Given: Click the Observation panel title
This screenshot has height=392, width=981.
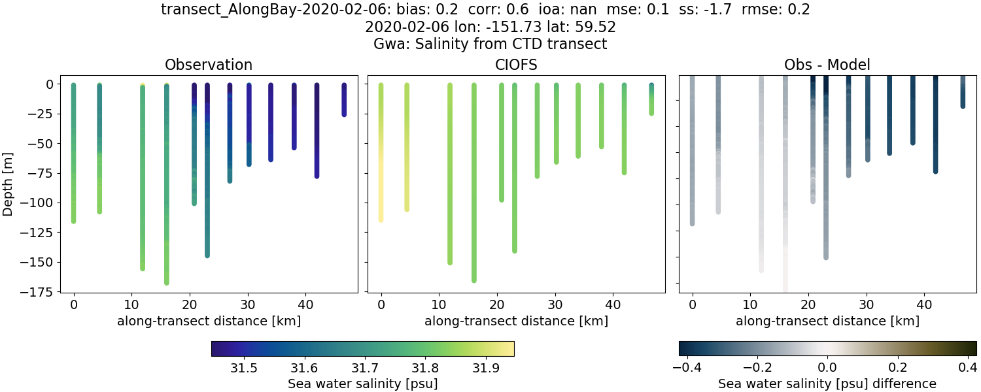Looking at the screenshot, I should [209, 65].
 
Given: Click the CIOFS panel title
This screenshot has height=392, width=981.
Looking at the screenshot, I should [517, 65].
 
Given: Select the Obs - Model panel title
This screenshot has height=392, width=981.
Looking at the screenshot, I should [827, 65].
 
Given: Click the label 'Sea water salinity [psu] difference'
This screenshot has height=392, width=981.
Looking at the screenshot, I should [827, 384].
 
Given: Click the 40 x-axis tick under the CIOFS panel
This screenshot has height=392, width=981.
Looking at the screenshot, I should [613, 304].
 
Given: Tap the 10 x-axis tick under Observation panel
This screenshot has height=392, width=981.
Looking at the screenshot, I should [131, 304].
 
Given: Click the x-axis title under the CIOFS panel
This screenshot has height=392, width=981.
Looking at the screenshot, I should [516, 321].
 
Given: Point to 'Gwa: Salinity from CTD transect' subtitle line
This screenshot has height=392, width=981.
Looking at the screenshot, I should [490, 44].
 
